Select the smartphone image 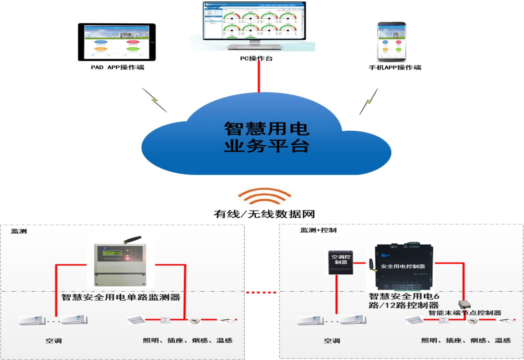coord(391,41)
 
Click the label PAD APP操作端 coord(117,67)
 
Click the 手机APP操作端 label coord(395,67)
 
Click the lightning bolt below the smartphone coord(369,102)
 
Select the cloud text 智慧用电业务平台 coord(267,137)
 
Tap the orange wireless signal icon coord(264,197)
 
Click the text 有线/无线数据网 coord(264,214)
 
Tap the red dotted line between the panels coord(262,292)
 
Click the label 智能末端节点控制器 coord(465,313)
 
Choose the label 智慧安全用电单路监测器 coord(121,298)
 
